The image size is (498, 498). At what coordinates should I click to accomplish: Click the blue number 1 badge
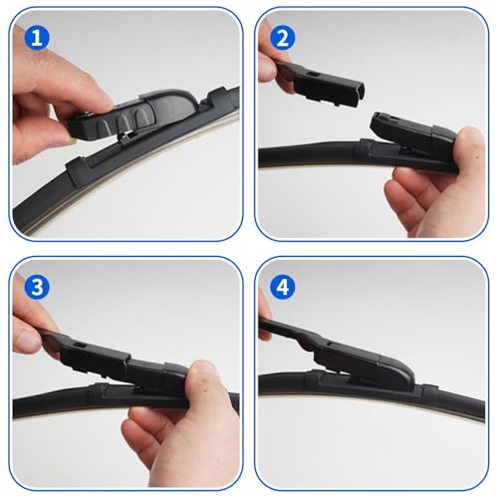(x=37, y=38)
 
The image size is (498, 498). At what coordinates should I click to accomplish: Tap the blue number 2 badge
(x=282, y=38)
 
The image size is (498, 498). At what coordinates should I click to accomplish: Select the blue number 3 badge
(x=37, y=286)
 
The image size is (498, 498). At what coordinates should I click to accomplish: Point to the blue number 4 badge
(x=282, y=286)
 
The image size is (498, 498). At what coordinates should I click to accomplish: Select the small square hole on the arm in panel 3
(x=80, y=345)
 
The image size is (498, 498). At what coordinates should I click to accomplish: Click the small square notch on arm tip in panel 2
(x=312, y=73)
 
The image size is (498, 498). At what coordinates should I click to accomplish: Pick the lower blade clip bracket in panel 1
(x=79, y=172)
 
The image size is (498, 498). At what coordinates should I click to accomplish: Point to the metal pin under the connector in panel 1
(x=126, y=136)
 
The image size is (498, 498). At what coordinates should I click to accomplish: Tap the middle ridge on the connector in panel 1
(x=123, y=123)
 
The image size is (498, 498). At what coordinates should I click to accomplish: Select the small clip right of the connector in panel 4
(x=431, y=388)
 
